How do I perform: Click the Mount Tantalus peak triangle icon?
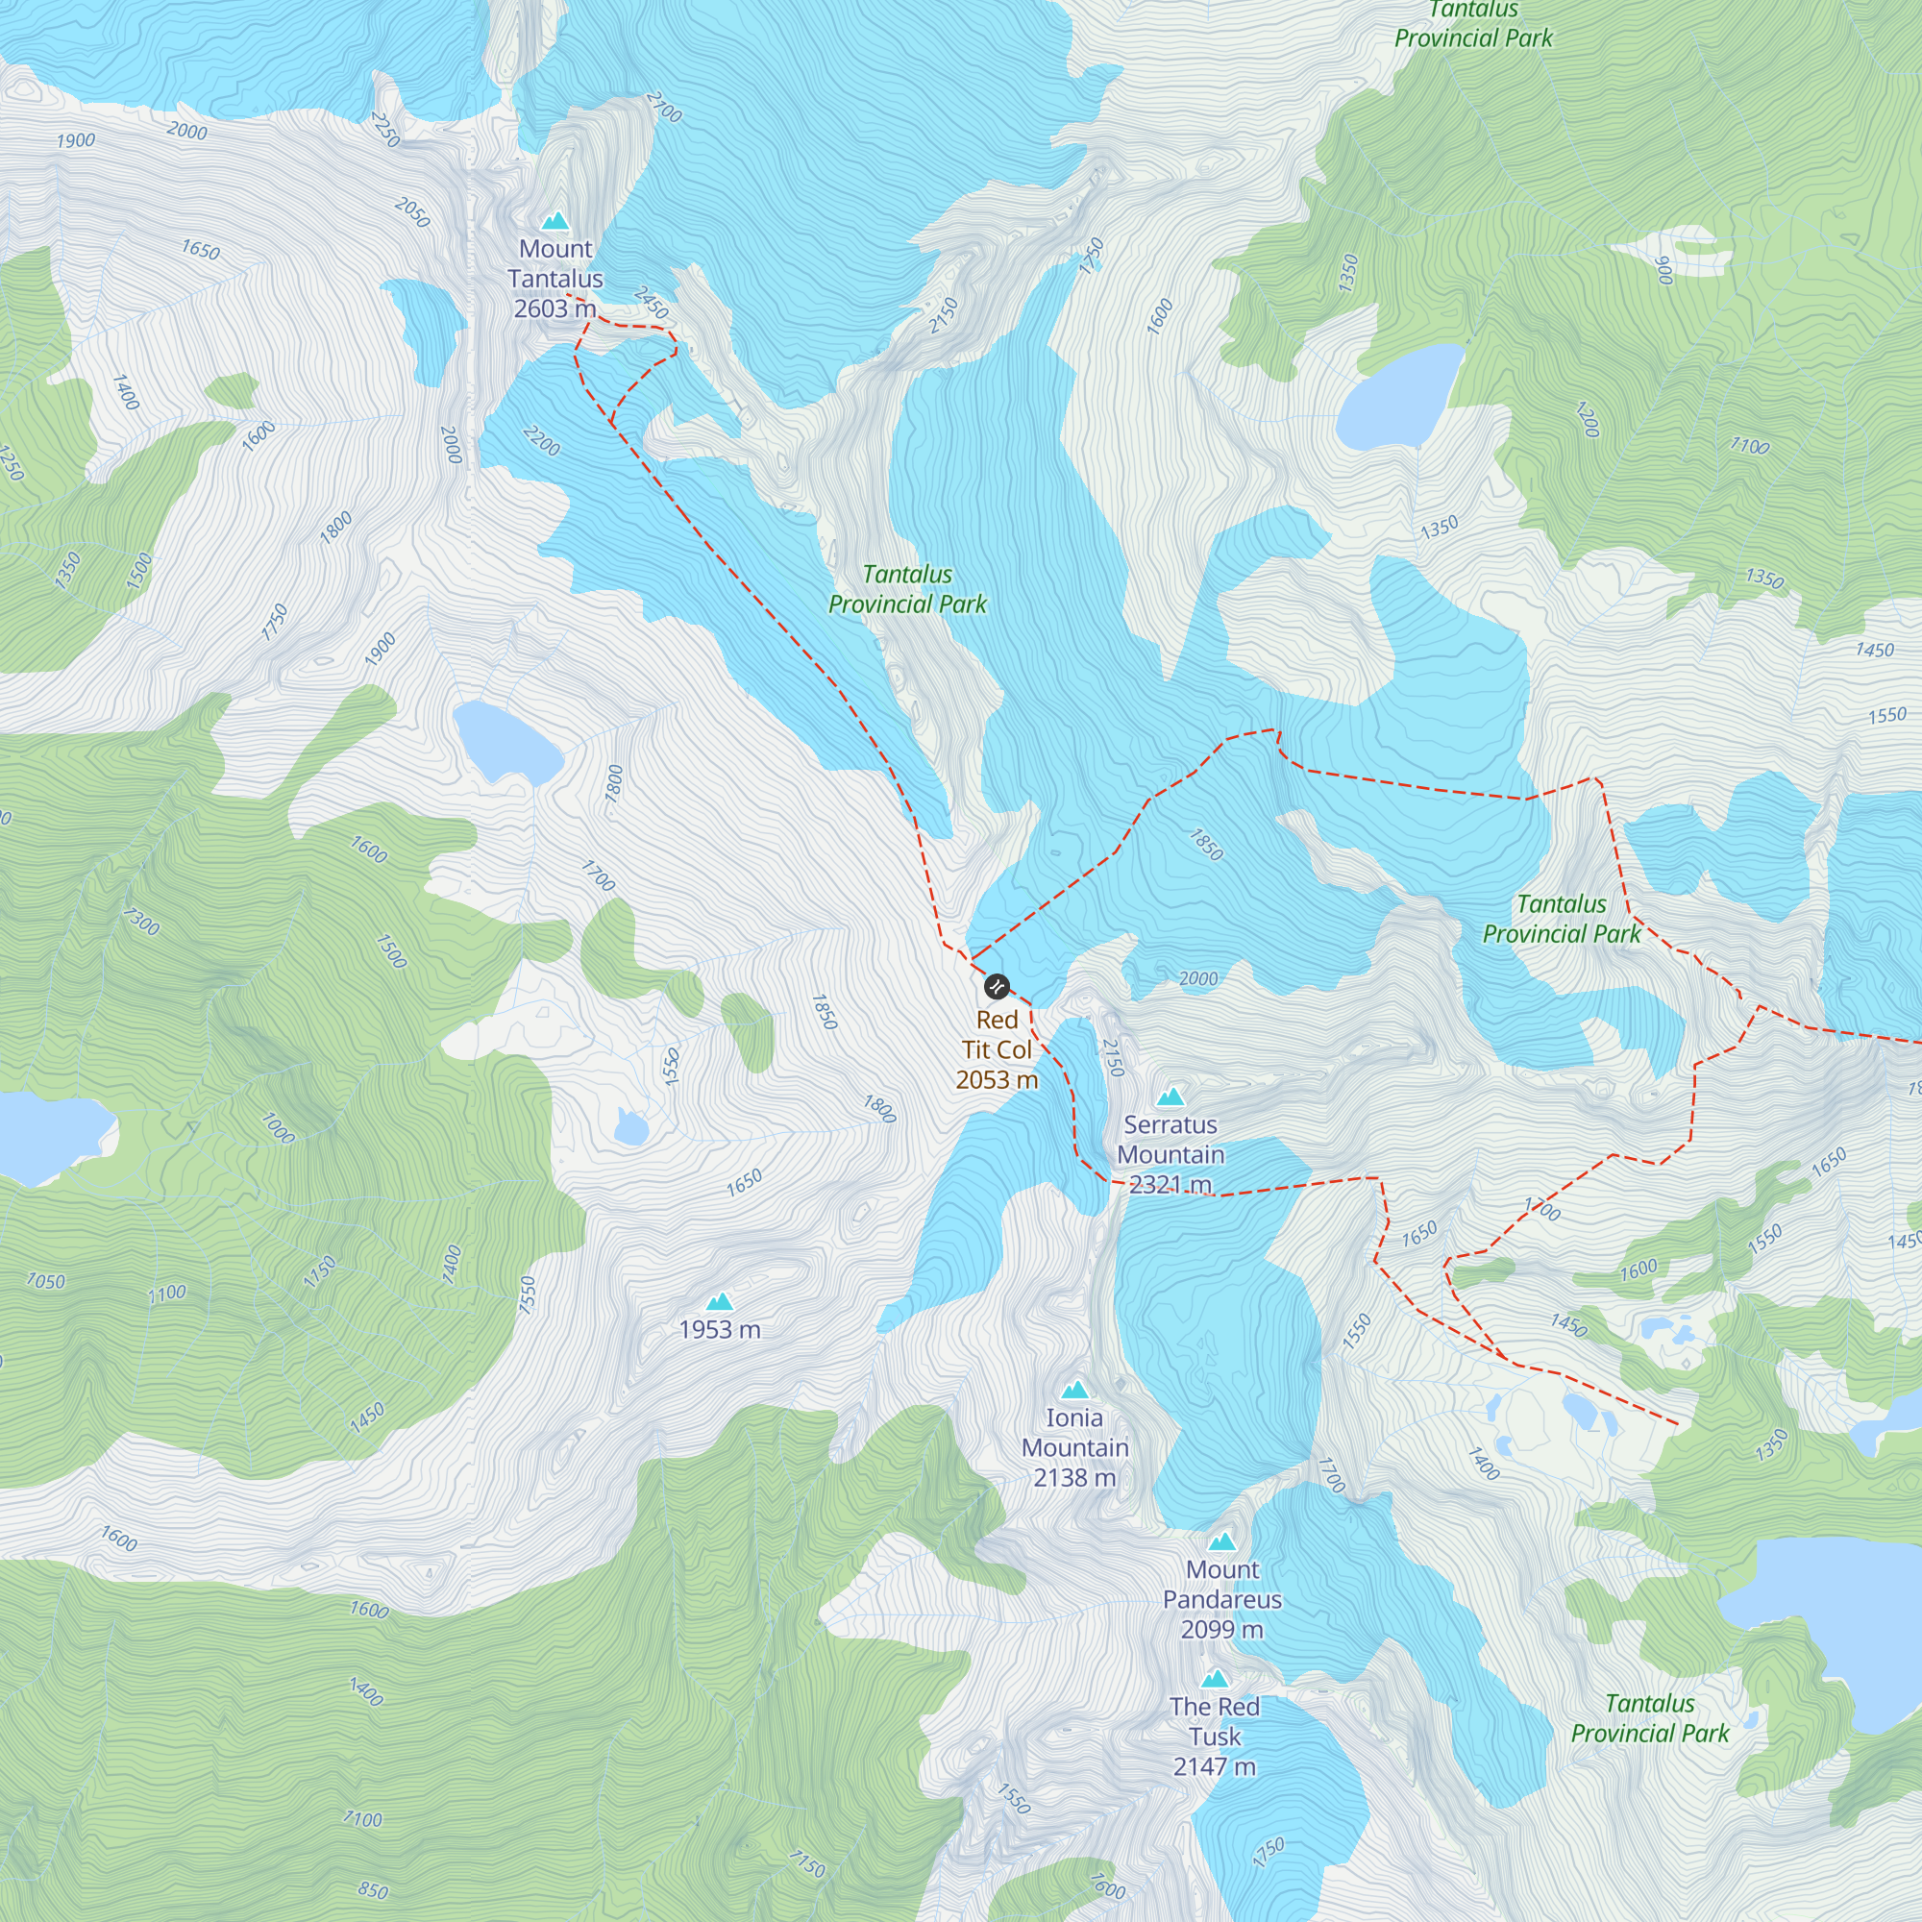point(555,221)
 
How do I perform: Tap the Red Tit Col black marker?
point(996,987)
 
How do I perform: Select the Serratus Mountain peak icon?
point(1170,1097)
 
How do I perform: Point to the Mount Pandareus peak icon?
point(1221,1542)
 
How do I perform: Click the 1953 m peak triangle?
point(719,1301)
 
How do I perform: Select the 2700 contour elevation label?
point(663,107)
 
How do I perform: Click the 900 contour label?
point(1663,270)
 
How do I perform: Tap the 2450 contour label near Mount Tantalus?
point(651,303)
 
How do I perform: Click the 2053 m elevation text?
point(996,1079)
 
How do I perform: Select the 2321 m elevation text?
point(1170,1184)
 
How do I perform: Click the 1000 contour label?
point(277,1128)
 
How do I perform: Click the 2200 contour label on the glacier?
point(541,441)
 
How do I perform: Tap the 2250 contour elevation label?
point(385,130)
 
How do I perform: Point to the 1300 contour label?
point(141,924)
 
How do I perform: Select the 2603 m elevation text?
point(554,308)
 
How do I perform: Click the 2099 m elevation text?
point(1221,1629)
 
